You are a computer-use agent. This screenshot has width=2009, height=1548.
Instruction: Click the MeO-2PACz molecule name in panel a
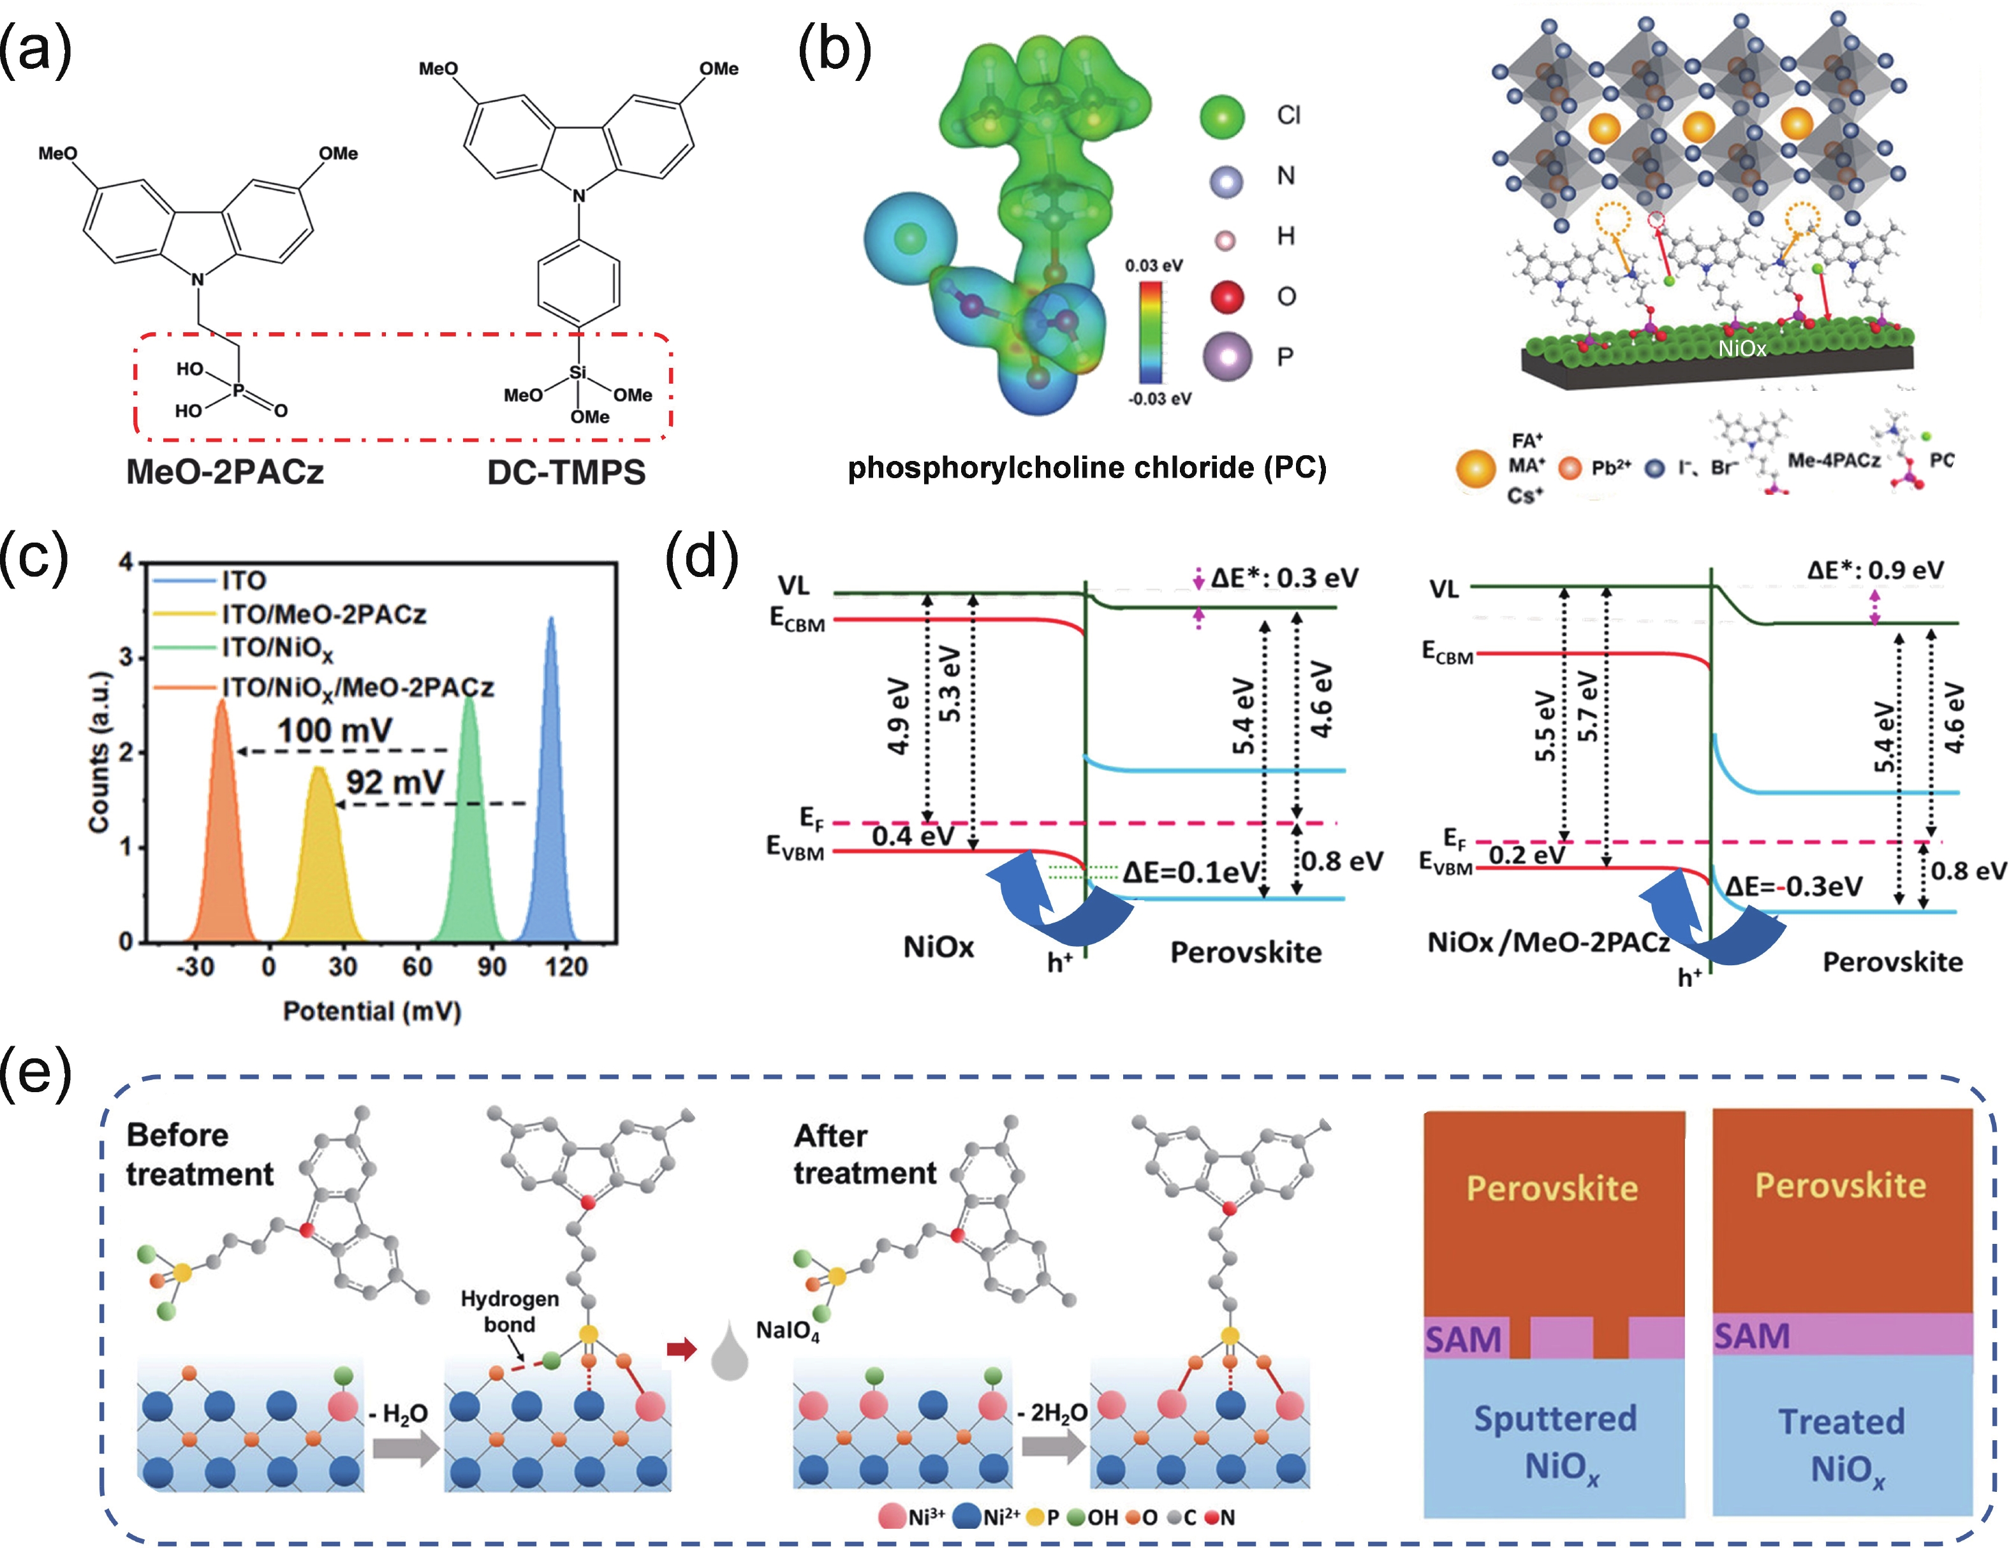pyautogui.click(x=224, y=472)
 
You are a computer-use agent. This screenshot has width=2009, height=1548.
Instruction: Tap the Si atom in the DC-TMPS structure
pyautogui.click(x=578, y=372)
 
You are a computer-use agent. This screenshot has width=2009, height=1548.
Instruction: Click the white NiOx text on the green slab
pyautogui.click(x=1742, y=349)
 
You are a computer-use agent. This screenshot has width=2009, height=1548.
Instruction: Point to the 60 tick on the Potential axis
pyautogui.click(x=416, y=967)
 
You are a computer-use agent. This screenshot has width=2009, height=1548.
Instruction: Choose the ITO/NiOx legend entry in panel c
pyautogui.click(x=277, y=648)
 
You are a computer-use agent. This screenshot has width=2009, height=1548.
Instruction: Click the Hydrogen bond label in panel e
pyautogui.click(x=510, y=1311)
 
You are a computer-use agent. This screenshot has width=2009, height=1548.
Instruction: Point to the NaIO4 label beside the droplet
pyautogui.click(x=788, y=1331)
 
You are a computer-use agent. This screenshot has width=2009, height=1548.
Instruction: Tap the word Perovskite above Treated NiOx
pyautogui.click(x=1840, y=1186)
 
